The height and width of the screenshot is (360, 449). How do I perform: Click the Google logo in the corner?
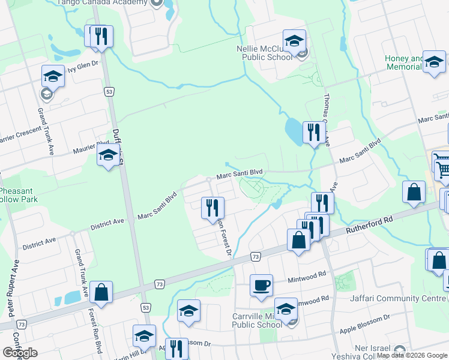[20, 353]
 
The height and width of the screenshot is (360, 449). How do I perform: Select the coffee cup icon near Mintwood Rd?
[261, 285]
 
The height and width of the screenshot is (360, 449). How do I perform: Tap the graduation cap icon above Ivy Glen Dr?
[53, 76]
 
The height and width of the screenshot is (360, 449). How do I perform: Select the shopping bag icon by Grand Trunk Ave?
[101, 293]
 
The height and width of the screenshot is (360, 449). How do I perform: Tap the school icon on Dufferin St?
[108, 155]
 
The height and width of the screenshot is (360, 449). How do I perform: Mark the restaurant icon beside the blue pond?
[313, 132]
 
